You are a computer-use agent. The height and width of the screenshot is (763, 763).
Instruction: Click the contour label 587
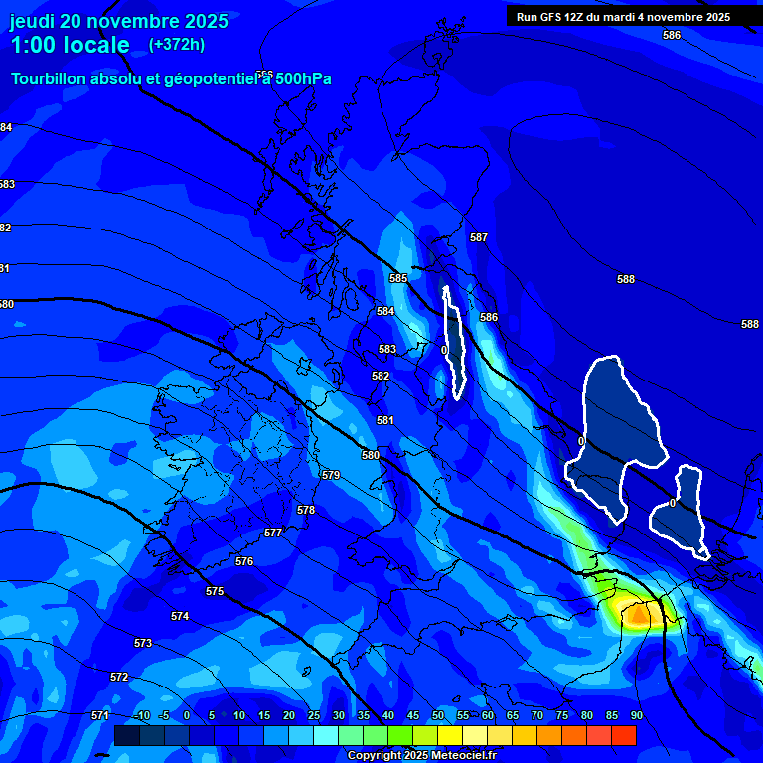pos(479,237)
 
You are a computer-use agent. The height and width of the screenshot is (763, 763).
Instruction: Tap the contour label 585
pos(398,279)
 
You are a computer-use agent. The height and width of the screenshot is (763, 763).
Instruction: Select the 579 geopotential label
pos(331,476)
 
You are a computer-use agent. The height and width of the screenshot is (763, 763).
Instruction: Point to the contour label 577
pos(273,534)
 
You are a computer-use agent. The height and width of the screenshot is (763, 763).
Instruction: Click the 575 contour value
pos(215,592)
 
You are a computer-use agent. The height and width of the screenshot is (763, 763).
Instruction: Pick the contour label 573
pos(143,644)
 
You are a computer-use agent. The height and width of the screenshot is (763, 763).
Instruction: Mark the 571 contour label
pos(99,716)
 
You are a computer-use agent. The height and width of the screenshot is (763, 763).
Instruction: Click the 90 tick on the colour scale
pos(636,716)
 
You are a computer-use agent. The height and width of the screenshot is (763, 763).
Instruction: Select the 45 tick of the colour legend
pos(412,716)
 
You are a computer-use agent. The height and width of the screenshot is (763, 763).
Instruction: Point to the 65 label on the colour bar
pos(512,716)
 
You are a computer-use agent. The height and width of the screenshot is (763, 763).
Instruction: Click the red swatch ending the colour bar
pos(623,735)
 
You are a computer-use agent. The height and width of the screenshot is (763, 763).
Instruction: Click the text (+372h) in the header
pos(177,45)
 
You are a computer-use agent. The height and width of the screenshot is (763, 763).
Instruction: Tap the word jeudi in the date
pos(32,21)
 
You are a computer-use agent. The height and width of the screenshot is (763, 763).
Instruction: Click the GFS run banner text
pos(623,17)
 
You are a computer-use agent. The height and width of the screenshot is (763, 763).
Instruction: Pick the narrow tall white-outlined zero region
pos(455,343)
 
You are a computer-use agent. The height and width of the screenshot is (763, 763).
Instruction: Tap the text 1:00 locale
pos(70,45)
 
